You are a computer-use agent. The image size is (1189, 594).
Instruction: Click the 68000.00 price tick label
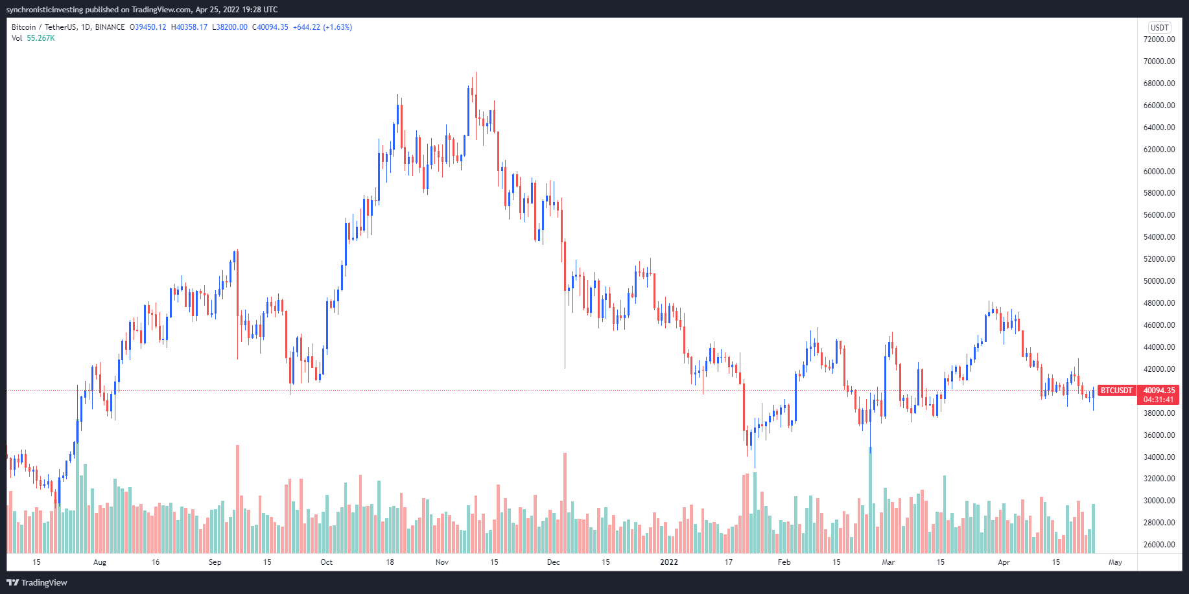click(x=1159, y=84)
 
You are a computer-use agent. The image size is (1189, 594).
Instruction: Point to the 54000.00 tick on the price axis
click(x=1159, y=237)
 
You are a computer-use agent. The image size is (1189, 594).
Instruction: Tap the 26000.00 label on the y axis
click(x=1159, y=545)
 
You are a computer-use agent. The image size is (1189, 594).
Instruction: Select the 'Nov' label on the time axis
click(x=442, y=562)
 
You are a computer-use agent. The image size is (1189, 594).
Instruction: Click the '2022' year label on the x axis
click(x=669, y=562)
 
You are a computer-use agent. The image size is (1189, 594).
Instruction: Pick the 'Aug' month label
click(x=100, y=562)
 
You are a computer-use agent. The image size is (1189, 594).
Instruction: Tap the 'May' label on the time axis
click(x=1115, y=562)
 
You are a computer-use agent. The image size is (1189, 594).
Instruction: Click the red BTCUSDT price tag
click(x=1116, y=391)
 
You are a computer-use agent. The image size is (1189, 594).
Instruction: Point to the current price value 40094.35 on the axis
click(x=1159, y=391)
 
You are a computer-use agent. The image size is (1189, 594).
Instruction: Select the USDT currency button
click(x=1159, y=27)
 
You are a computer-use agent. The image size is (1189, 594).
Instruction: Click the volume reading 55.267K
click(x=41, y=38)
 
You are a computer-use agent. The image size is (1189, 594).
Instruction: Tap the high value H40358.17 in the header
click(x=189, y=27)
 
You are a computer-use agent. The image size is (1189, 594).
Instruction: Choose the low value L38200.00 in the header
click(x=230, y=27)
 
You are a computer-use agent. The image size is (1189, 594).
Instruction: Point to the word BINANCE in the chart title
click(x=110, y=27)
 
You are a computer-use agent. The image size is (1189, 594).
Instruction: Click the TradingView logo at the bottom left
click(x=37, y=582)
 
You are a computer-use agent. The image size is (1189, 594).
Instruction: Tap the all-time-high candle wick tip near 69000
click(x=476, y=73)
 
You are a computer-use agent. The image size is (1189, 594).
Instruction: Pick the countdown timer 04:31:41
click(x=1159, y=400)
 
